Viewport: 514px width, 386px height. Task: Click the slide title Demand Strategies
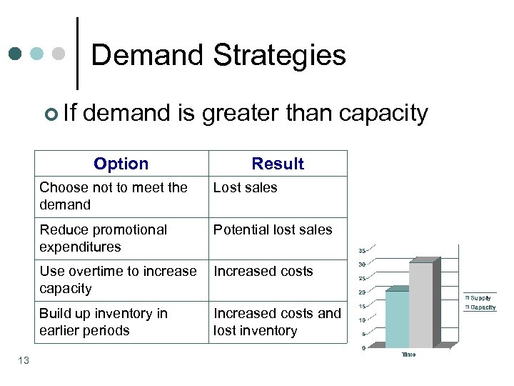tap(218, 55)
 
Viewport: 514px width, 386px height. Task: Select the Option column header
tap(121, 164)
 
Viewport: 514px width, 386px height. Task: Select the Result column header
tap(278, 164)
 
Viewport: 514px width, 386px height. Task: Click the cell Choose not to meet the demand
tap(114, 196)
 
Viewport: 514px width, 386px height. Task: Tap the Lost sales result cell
tap(246, 188)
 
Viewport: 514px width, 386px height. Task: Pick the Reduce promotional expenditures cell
tap(104, 238)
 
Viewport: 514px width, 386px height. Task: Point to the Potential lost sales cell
tap(273, 230)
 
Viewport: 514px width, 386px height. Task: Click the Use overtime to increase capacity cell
tap(118, 279)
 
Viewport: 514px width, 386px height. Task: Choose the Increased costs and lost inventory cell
tap(277, 322)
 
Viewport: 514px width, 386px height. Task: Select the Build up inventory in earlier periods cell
tap(104, 322)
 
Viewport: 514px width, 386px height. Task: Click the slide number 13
tap(24, 360)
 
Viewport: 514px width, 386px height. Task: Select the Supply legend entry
tap(480, 297)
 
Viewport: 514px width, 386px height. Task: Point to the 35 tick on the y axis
tap(363, 251)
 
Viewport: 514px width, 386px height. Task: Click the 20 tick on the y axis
tap(363, 292)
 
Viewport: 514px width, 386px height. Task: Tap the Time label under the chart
tap(408, 355)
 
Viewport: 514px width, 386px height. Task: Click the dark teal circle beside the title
tap(15, 54)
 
